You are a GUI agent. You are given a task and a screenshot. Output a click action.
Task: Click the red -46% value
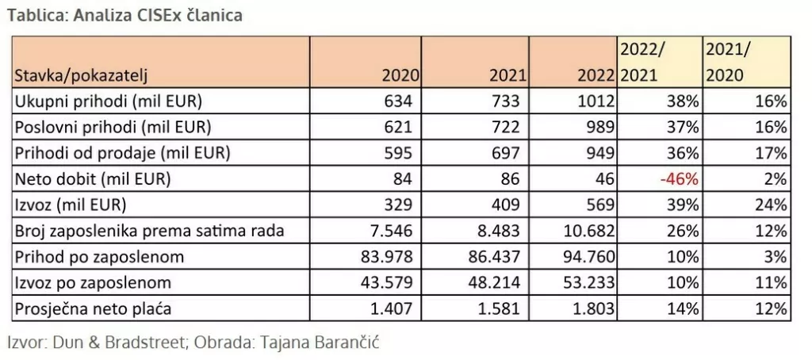(x=680, y=179)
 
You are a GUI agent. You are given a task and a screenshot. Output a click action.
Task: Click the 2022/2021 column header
(x=642, y=62)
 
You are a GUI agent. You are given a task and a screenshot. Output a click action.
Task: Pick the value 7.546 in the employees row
(x=395, y=231)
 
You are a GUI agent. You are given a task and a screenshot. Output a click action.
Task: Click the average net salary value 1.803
(x=591, y=308)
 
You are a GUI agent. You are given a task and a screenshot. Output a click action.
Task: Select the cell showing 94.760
(x=587, y=257)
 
